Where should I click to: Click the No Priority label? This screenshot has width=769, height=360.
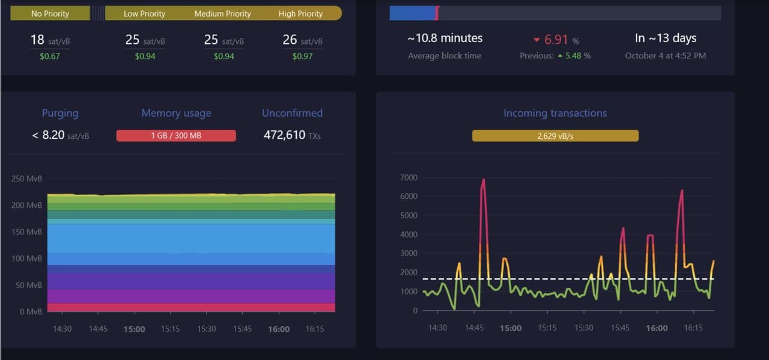click(x=50, y=13)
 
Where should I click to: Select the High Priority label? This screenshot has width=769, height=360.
click(x=300, y=13)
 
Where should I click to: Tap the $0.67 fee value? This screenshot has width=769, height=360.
click(x=37, y=56)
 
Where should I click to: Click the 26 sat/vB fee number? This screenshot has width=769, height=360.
click(x=290, y=40)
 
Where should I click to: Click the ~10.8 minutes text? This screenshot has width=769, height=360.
click(x=445, y=38)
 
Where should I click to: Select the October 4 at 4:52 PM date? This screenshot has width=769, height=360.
click(x=665, y=56)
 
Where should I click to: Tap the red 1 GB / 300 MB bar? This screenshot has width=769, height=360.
click(x=176, y=136)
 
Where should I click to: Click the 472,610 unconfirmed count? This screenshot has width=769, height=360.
click(x=284, y=135)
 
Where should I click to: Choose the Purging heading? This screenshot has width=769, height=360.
click(x=60, y=113)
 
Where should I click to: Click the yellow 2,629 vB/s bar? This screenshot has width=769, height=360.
click(x=555, y=136)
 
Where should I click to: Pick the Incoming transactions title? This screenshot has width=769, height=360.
click(x=555, y=113)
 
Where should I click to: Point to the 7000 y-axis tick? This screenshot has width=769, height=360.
click(x=409, y=178)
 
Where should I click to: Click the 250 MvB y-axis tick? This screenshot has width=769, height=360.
click(x=27, y=179)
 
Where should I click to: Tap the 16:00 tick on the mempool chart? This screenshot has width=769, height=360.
click(x=279, y=329)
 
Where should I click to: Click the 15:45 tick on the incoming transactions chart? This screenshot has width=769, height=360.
click(x=620, y=328)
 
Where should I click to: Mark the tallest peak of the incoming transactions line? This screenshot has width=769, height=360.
click(x=483, y=180)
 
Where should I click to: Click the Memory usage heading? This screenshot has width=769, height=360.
click(x=176, y=113)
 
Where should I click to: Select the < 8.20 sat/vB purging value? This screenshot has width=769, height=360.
click(x=60, y=136)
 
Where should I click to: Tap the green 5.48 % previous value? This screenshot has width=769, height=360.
click(x=577, y=56)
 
